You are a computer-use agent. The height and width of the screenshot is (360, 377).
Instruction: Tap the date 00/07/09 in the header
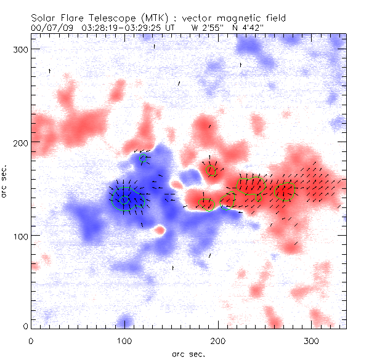pyautogui.click(x=49, y=28)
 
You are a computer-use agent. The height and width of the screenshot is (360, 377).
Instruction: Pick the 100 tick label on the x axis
pyautogui.click(x=124, y=341)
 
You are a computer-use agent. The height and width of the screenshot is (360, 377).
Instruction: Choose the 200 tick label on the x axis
pyautogui.click(x=218, y=341)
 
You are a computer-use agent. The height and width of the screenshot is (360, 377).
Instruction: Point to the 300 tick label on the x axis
pyautogui.click(x=312, y=341)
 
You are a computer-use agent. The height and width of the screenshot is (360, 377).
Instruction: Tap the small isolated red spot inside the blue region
pyautogui.click(x=160, y=230)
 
